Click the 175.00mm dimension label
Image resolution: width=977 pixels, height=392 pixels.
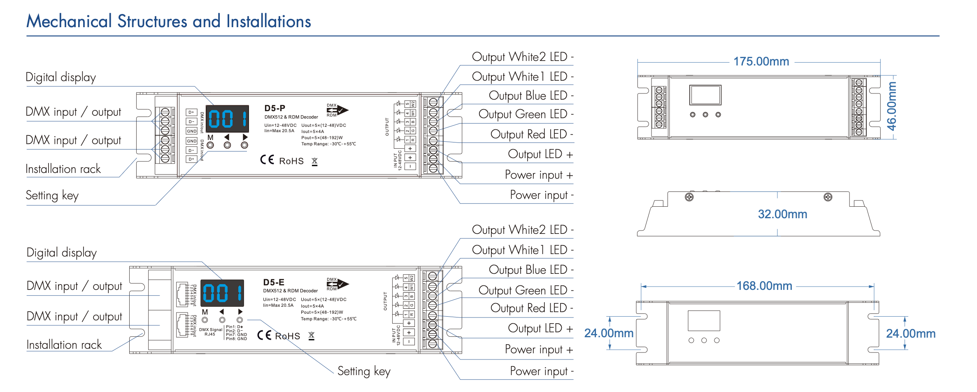click(x=761, y=62)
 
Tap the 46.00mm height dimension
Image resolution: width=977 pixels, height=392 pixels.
click(x=891, y=106)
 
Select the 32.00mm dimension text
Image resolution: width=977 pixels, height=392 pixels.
click(x=782, y=214)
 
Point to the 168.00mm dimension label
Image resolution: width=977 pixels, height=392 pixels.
click(x=764, y=286)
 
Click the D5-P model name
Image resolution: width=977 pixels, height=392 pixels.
click(x=274, y=108)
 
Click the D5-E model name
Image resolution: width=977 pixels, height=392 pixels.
click(x=274, y=282)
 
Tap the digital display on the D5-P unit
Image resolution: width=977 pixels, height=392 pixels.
click(x=227, y=119)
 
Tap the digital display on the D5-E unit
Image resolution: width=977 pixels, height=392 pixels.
click(x=222, y=293)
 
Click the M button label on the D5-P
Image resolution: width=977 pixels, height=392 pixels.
click(x=210, y=138)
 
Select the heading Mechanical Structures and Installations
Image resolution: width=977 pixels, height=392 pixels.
click(x=169, y=21)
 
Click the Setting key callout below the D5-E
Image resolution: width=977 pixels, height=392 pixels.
click(x=364, y=371)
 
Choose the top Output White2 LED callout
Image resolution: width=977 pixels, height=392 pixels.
click(x=522, y=57)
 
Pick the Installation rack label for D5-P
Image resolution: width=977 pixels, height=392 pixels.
click(x=63, y=169)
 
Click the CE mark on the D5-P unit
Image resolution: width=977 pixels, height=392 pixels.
click(x=267, y=160)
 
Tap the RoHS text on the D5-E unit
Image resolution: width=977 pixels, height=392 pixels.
click(x=287, y=336)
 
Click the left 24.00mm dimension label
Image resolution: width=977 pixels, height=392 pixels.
click(x=609, y=333)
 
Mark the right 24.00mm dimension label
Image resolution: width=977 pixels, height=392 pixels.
click(x=910, y=334)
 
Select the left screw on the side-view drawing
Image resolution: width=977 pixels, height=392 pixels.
click(x=689, y=197)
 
